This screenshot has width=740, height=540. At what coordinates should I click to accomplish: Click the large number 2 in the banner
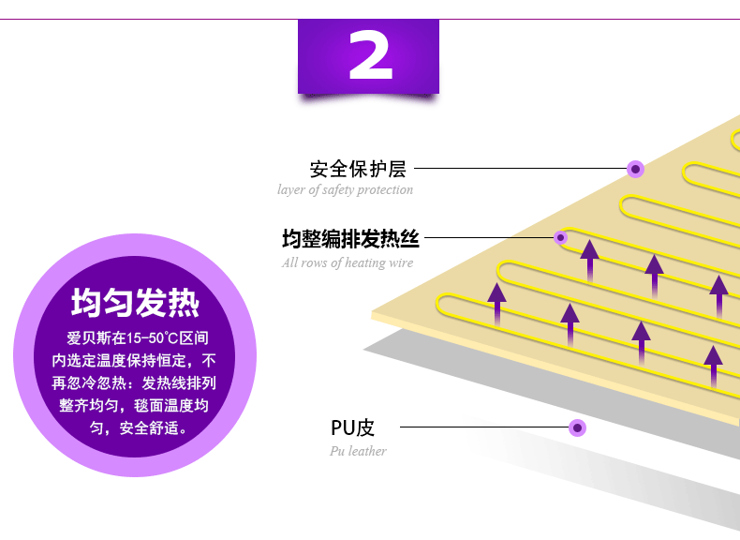369,57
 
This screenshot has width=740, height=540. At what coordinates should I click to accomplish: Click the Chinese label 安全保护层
358,170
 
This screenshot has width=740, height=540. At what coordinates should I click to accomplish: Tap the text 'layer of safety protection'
345,190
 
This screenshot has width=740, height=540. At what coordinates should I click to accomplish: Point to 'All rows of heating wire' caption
347,263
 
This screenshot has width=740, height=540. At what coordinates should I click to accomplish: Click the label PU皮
352,428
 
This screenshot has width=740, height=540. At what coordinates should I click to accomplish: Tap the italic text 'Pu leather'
358,451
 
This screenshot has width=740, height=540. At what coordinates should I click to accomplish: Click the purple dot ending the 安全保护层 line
636,170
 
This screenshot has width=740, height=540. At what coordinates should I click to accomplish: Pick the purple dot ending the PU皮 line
578,428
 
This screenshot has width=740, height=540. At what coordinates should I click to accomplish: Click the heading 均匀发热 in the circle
136,304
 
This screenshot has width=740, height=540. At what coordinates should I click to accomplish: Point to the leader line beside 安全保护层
520,170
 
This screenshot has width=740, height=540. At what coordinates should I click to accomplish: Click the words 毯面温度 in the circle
172,405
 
